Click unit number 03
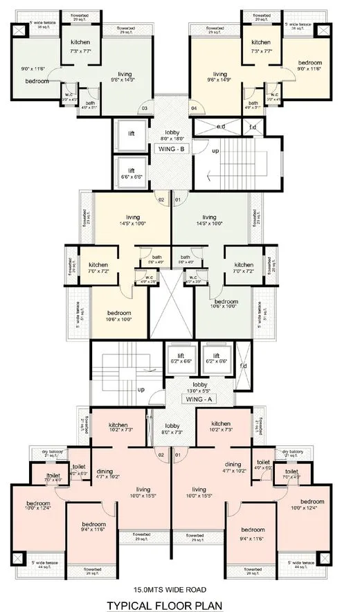pos(145,108)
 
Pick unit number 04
pos(194,108)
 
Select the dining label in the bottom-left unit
pos(105,472)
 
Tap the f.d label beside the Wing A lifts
pos(243,366)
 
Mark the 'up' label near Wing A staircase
pos(141,390)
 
